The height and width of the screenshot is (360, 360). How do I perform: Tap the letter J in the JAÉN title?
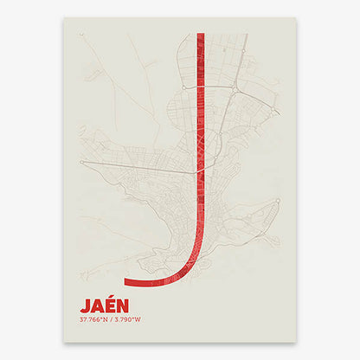(84, 306)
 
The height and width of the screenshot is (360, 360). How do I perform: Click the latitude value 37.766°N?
(94, 319)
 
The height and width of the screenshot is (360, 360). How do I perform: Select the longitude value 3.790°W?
(126, 319)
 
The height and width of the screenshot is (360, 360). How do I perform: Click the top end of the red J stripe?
(201, 35)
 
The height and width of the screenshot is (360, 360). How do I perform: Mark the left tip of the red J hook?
(125, 281)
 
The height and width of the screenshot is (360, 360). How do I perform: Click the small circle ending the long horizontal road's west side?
(81, 162)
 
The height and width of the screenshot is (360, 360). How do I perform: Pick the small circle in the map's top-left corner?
(82, 35)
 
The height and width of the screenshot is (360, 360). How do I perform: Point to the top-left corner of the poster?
(64, 17)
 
